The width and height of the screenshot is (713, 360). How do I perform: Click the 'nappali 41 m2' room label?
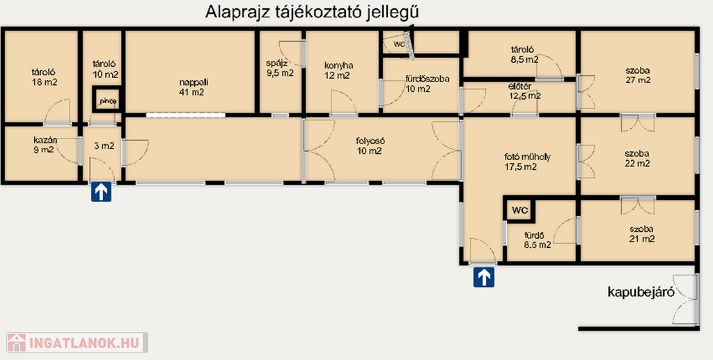191,87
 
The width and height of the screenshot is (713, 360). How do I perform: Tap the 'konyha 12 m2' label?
338,70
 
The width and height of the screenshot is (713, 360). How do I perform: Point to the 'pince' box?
108,99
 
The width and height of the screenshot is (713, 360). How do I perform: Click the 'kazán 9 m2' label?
45,144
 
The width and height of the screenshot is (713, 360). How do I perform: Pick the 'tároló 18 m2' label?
45,77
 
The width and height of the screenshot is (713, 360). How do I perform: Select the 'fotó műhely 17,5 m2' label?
527,162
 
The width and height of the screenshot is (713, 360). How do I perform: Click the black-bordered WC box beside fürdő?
519,210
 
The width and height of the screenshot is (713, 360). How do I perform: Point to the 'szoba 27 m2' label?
638,75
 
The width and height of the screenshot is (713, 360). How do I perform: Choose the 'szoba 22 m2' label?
636,158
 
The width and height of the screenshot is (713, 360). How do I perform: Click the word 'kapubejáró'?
641,292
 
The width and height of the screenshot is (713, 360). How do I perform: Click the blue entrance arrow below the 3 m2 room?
101,191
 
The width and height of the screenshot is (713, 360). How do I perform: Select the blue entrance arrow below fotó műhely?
483,277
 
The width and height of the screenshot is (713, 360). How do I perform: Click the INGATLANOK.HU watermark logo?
77,343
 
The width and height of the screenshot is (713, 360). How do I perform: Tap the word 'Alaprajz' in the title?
233,13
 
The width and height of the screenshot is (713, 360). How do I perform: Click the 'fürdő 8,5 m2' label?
538,240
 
